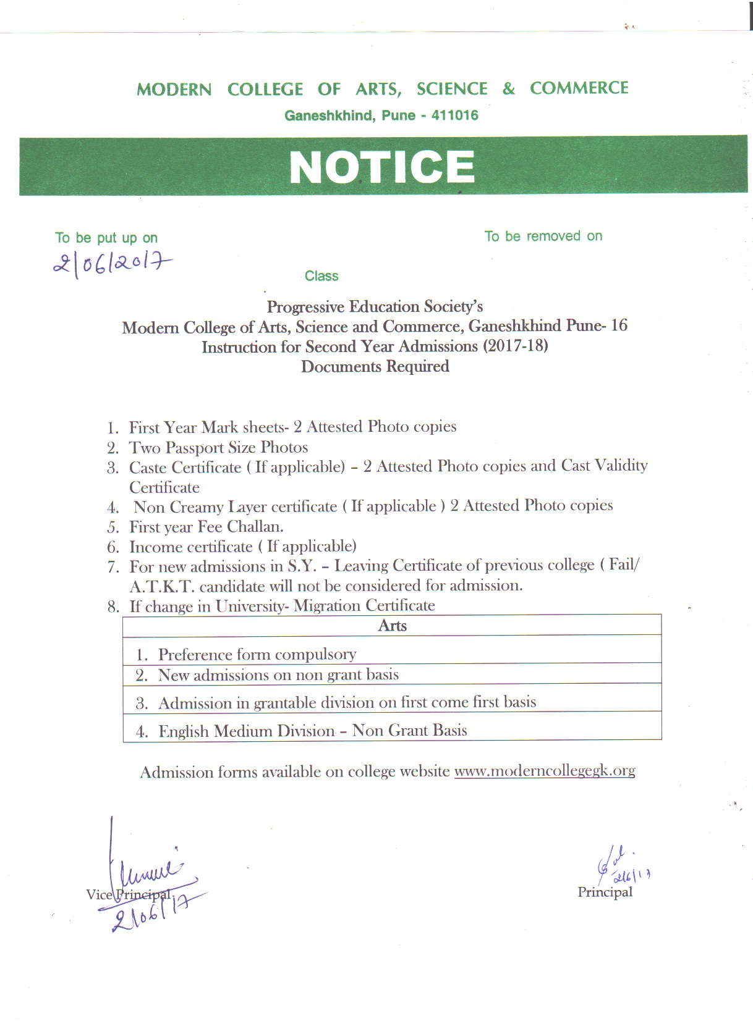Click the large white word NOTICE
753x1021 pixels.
[x=381, y=167]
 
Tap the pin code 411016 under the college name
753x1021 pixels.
[x=455, y=116]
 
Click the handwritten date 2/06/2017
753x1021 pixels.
[x=111, y=264]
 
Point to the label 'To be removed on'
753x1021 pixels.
[x=543, y=236]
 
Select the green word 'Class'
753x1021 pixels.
[x=321, y=276]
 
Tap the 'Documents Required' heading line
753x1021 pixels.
[x=375, y=366]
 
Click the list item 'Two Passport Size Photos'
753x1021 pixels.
[x=218, y=447]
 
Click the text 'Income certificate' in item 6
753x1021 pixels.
[x=190, y=547]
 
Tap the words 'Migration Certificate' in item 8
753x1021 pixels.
[x=364, y=605]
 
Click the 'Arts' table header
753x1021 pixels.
[x=392, y=626]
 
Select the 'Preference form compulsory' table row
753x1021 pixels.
[x=257, y=654]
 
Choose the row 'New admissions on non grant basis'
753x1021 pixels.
[x=278, y=674]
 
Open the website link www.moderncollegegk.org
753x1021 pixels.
[x=544, y=771]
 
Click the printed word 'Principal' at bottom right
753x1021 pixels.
[x=605, y=892]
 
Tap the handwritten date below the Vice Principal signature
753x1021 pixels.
[x=148, y=913]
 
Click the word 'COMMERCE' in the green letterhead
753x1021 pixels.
[x=579, y=88]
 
